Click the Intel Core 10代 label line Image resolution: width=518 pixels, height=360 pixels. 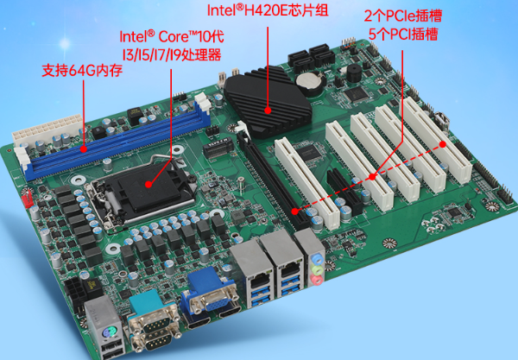[x=169, y=36]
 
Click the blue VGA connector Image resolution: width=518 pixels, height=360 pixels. [x=207, y=292]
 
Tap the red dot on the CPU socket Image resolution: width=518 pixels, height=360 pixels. [x=148, y=184]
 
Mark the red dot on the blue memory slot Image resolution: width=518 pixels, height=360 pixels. [x=83, y=151]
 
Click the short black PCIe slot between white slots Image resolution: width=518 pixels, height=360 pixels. [x=345, y=190]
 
